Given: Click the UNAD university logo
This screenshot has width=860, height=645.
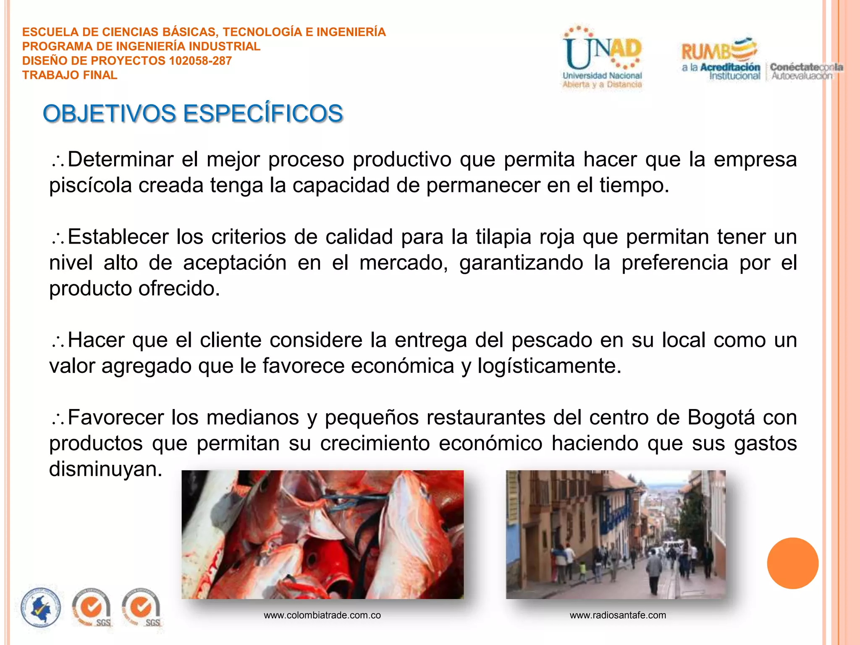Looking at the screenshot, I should pos(602,58).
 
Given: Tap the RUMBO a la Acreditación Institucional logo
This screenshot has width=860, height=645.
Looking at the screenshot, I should pos(721,59).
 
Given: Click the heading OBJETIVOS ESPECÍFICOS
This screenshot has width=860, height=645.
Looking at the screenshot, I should pos(193,114).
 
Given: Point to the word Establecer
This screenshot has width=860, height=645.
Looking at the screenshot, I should pos(118,237).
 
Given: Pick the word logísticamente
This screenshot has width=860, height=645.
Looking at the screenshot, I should pos(549,366).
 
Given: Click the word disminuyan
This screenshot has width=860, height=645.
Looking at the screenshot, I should pos(105,469).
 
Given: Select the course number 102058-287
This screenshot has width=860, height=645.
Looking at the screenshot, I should pos(200,61).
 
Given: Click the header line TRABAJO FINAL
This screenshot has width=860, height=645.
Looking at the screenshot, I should pos(70,75).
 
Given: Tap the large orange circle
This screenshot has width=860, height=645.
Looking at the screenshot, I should pos(792,563).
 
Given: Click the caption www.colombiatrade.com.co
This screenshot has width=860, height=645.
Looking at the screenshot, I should pos(322,615).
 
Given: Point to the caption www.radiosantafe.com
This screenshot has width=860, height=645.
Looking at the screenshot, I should pos(618,615).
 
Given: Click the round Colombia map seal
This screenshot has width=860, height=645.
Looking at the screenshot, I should pos(41,608).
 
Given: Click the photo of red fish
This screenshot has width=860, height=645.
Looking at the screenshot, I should pos(322,534).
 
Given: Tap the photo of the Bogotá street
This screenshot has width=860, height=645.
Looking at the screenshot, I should pos(616,534).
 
